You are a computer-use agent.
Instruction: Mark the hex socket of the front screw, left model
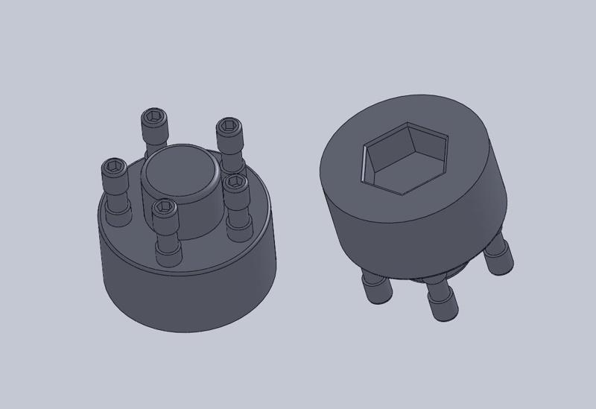pos(163,205)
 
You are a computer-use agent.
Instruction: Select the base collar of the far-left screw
pos(118,218)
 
